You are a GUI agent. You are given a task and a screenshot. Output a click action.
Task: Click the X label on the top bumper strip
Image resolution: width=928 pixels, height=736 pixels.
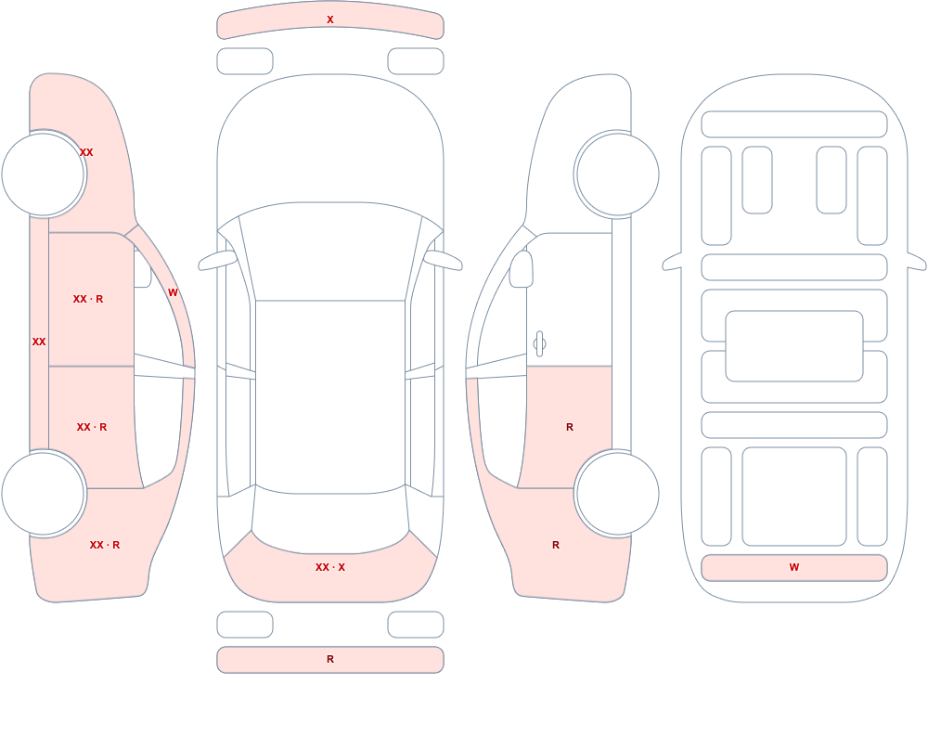[x=330, y=19]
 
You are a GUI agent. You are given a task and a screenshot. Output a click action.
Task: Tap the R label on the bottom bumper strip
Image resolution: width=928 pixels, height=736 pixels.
[x=330, y=659]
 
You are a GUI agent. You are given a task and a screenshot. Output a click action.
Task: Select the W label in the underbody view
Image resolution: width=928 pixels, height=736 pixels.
[x=794, y=567]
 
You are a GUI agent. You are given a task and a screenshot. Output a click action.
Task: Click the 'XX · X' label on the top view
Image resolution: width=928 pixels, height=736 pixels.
[x=330, y=567]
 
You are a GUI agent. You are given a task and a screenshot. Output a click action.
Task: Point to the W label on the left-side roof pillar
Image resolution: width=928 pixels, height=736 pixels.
[x=173, y=292]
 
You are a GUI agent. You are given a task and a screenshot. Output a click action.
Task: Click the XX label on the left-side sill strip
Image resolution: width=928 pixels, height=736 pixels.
[x=39, y=342]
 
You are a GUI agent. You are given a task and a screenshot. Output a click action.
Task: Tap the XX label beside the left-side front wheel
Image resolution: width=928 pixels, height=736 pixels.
[x=86, y=152]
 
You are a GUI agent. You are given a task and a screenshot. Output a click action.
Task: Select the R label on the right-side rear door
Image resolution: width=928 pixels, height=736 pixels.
[x=570, y=427]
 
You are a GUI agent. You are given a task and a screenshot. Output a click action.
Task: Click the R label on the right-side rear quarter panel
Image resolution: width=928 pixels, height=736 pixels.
[x=556, y=545]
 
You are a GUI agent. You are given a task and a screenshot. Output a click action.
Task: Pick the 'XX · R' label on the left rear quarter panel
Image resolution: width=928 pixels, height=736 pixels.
[x=105, y=545]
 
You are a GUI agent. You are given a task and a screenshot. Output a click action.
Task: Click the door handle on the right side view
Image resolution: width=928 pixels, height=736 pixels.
[x=539, y=344]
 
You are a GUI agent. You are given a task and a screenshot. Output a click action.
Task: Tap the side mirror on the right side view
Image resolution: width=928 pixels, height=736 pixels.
[x=522, y=269]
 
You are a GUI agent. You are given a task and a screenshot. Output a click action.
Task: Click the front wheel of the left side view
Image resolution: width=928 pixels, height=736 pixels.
[x=43, y=174]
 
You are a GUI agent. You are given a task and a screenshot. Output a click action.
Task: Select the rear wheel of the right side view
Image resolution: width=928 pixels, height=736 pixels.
[x=617, y=494]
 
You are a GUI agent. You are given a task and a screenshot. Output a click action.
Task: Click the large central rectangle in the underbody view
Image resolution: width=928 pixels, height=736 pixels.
[x=794, y=346]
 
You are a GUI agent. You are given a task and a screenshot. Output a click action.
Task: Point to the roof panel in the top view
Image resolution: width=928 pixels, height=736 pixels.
[x=330, y=396]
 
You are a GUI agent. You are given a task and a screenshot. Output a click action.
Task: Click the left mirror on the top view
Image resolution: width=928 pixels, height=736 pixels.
[x=217, y=260]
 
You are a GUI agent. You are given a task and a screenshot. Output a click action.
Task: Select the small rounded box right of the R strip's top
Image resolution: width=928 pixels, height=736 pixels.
[x=416, y=625]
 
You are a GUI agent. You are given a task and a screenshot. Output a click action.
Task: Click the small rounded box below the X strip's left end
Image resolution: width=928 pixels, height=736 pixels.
[x=245, y=61]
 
